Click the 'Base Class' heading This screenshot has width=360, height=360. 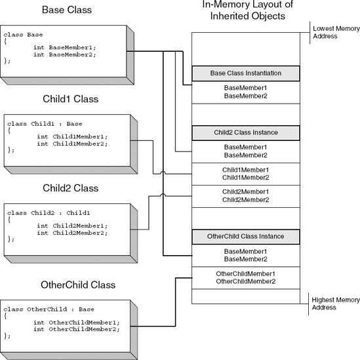tap(67, 10)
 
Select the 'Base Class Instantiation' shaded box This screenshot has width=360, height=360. tap(245, 73)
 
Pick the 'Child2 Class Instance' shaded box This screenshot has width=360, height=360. tap(245, 132)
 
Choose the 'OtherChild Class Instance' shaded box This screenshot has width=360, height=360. tap(245, 235)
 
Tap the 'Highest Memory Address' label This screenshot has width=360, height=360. tap(336, 304)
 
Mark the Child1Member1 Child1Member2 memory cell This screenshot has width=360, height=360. tap(245, 174)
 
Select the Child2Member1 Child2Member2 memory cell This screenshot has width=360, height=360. tap(245, 195)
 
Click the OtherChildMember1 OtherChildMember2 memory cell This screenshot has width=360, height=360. tap(245, 277)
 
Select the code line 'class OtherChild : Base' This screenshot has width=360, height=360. tap(49, 310)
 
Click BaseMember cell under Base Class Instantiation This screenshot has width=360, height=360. tap(245, 92)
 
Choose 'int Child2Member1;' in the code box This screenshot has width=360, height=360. tap(71, 226)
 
